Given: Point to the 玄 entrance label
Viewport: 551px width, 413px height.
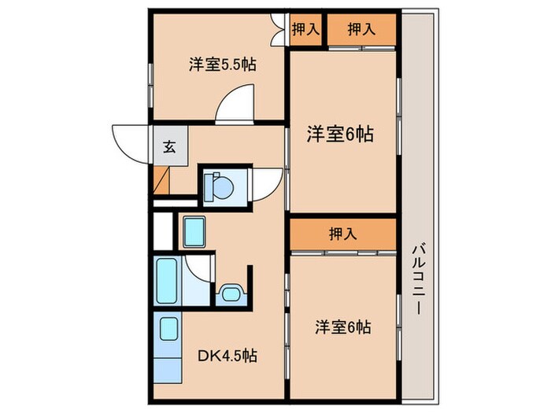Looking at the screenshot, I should [168, 146].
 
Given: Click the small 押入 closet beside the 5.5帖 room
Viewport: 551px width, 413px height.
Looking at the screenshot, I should [305, 30].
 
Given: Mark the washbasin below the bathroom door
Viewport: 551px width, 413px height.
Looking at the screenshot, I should [230, 294].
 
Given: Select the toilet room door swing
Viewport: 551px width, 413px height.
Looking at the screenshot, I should [265, 186].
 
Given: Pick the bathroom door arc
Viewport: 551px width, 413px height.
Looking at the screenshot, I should [199, 270].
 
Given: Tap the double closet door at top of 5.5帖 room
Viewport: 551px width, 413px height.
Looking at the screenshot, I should [277, 30].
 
